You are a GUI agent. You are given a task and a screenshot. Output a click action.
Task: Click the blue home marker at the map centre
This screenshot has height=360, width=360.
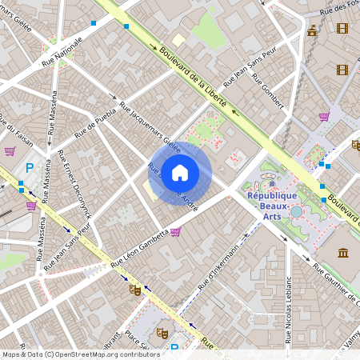click(180, 173)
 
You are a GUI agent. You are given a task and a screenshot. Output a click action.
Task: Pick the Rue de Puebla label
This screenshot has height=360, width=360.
click(95, 126)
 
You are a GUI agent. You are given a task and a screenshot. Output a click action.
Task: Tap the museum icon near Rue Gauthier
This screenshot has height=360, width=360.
click(343, 254)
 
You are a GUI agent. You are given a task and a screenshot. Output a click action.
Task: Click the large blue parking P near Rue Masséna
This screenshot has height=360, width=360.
click(30, 169)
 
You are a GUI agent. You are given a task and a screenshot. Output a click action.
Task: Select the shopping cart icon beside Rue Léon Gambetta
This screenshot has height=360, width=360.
click(175, 231)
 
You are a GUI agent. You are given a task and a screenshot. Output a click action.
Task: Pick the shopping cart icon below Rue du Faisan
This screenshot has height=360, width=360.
click(10, 150)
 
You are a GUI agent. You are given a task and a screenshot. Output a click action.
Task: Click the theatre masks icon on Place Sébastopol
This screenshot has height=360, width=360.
click(162, 333)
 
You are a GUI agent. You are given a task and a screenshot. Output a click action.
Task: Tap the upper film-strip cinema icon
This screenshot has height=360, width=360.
click(342, 29)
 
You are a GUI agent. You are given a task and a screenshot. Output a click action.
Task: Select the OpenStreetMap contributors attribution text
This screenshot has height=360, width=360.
click(80, 354)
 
